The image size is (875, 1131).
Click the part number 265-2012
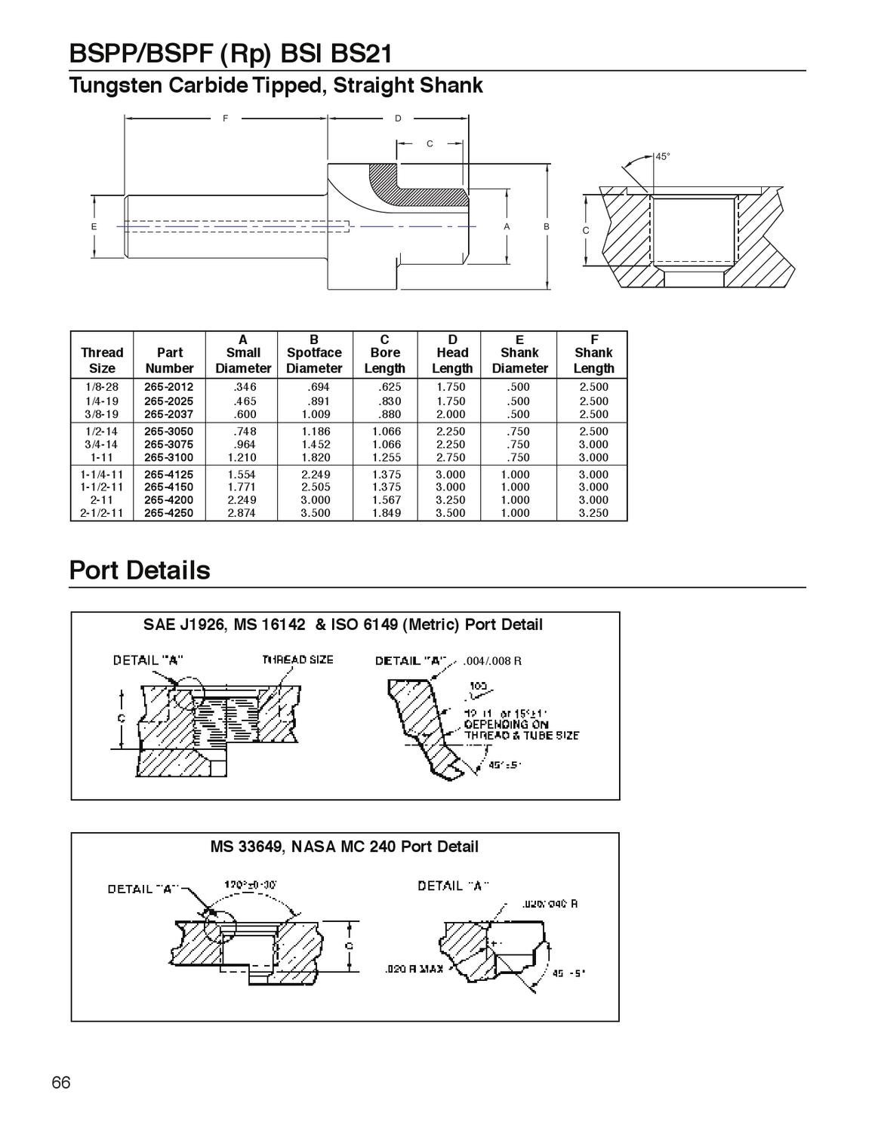pyautogui.click(x=168, y=387)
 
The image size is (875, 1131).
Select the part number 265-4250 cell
pyautogui.click(x=168, y=513)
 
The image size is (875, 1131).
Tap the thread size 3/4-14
pyautogui.click(x=102, y=444)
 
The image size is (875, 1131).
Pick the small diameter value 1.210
pyautogui.click(x=242, y=457)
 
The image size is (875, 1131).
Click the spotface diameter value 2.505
pyautogui.click(x=314, y=487)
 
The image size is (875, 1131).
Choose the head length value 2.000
pyautogui.click(x=451, y=414)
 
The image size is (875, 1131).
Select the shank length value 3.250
pyautogui.click(x=593, y=513)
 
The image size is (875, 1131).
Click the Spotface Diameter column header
pyautogui.click(x=314, y=353)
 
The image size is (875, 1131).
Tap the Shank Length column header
pyautogui.click(x=593, y=353)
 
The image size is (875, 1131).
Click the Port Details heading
pyautogui.click(x=140, y=570)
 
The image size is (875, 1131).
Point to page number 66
pyautogui.click(x=61, y=1083)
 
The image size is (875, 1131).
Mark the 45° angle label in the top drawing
pyautogui.click(x=662, y=157)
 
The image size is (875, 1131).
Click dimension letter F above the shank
pyautogui.click(x=225, y=118)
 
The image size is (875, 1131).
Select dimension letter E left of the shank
pyautogui.click(x=94, y=226)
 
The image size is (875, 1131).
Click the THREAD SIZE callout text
pyautogui.click(x=297, y=659)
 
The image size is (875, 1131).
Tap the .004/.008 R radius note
pyautogui.click(x=491, y=661)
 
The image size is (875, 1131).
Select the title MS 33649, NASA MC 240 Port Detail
pyautogui.click(x=344, y=847)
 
